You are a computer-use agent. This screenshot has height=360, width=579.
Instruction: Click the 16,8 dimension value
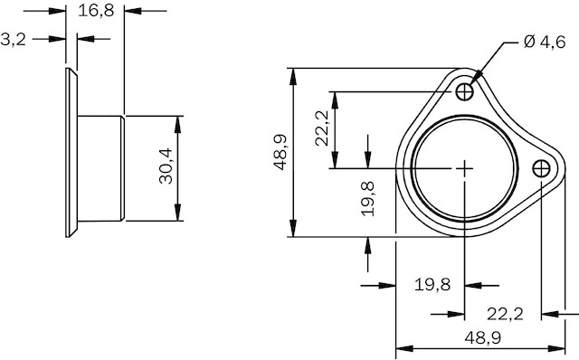coord(96,11)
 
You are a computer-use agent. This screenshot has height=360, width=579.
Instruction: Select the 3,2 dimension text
coord(14,39)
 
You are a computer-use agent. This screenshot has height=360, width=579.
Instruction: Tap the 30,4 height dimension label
coord(166,166)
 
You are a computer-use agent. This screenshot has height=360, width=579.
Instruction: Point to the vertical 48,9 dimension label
coord(280,153)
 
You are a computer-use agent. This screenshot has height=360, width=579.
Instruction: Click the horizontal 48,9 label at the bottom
coord(482,337)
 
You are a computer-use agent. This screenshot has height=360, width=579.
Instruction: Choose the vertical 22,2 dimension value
coord(322,128)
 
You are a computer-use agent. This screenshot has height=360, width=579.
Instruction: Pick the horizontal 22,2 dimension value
coord(505,314)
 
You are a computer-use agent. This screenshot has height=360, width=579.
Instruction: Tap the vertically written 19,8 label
coord(368,198)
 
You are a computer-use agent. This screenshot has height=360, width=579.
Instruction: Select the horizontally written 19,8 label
coord(432,285)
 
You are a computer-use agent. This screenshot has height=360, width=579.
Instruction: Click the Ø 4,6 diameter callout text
coord(545,43)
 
